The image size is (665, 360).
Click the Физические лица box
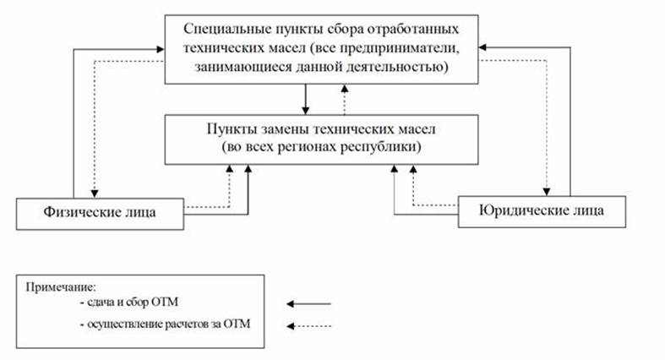tap(99, 211)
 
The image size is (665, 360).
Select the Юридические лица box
tap(542, 209)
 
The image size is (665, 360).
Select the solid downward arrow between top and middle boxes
tap(307, 99)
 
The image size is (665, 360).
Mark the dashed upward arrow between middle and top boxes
tap(344, 99)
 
